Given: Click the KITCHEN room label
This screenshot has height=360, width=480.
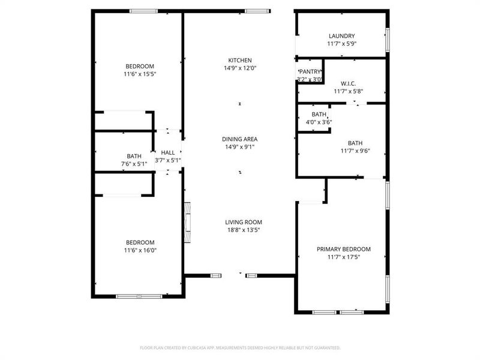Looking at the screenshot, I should pos(239,60).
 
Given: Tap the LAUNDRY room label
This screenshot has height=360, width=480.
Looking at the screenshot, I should pos(341,36).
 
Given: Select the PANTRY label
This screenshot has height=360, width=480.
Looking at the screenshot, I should pos(310,71).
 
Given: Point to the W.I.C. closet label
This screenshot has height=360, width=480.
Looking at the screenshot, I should pos(349,83).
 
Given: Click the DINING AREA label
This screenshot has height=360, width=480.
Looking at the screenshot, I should pos(239,139).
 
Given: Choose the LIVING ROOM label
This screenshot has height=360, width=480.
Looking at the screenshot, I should pos(243,222).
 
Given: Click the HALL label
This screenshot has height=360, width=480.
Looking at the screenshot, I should pos(168,153).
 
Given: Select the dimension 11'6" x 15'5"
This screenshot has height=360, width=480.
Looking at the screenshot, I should pos(140,74).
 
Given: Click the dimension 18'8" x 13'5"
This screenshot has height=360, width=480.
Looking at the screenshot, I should pos(243,230).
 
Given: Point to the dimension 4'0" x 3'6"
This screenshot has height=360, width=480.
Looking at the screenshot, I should pos(319,122).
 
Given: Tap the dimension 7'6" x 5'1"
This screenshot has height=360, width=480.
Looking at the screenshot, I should pos(133,164).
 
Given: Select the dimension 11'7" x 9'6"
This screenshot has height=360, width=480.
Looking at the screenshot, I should pos(355,151).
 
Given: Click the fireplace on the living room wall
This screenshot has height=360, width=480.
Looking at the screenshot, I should pos(187,222).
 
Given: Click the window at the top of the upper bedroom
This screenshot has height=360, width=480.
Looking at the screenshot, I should pos(144,11).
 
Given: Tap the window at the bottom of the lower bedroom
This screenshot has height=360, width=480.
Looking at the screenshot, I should pos(139,296).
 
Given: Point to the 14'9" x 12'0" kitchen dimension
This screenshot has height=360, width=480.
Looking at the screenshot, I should pos(239,68).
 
